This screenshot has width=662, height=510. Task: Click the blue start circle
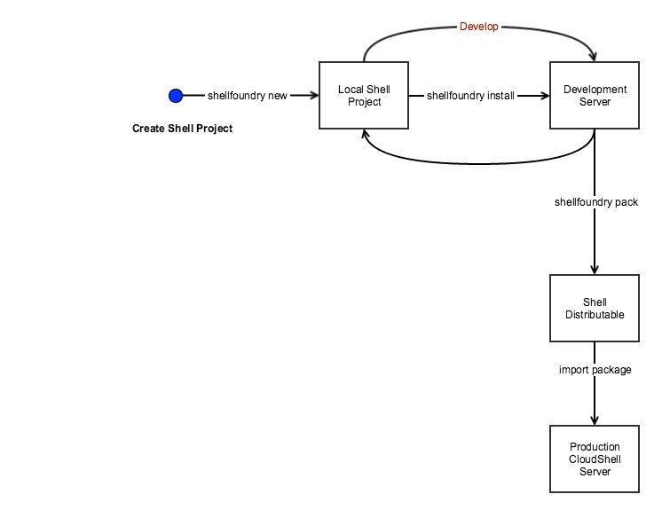coord(175,96)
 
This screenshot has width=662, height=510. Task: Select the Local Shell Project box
coord(363,96)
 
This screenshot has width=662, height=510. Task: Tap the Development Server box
coord(594,96)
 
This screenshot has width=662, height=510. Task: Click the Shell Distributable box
coord(594,309)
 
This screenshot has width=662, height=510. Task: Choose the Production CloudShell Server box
coord(594,459)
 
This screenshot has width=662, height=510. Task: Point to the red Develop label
coord(478,27)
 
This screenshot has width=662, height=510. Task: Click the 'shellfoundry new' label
coord(247,96)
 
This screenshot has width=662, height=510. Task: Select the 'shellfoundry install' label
coord(470,96)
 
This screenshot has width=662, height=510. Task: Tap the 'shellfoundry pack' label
coord(595,202)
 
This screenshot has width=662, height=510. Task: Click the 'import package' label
coord(595,370)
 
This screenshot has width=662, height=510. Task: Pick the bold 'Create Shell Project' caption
coord(182,129)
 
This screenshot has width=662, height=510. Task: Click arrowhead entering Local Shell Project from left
coord(313,96)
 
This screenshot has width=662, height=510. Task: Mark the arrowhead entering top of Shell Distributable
coord(594,270)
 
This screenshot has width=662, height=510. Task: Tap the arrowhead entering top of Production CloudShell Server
coord(594,420)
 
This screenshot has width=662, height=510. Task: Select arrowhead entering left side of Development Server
coord(544,96)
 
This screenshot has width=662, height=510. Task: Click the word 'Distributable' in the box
coord(594,315)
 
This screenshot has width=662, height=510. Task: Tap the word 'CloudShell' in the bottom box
coord(594,459)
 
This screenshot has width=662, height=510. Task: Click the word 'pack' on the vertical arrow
coord(626,202)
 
